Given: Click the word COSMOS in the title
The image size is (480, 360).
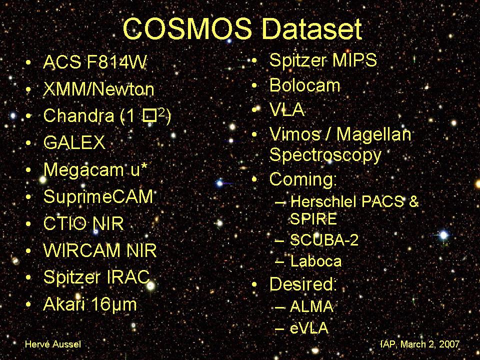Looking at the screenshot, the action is [187, 28].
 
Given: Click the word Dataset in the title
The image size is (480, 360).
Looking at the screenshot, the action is [312, 28].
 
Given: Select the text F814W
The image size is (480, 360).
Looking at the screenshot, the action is [116, 62].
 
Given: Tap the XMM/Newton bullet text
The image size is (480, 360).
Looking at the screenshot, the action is [98, 89].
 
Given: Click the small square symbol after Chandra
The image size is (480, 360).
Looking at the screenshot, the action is [149, 116].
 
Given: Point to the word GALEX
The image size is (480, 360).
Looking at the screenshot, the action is [74, 142].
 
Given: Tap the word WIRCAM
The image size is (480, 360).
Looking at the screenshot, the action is [82, 250].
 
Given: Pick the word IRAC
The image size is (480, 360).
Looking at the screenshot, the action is [128, 277].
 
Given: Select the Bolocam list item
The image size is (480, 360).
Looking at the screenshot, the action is [304, 85].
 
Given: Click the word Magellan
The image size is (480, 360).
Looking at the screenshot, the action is [374, 134].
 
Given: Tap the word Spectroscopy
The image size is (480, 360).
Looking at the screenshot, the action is [325, 155].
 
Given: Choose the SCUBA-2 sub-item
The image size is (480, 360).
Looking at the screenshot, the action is [324, 240].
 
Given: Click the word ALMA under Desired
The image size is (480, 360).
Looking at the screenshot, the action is [311, 306].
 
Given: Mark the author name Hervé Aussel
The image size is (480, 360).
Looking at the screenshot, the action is [53, 344].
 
